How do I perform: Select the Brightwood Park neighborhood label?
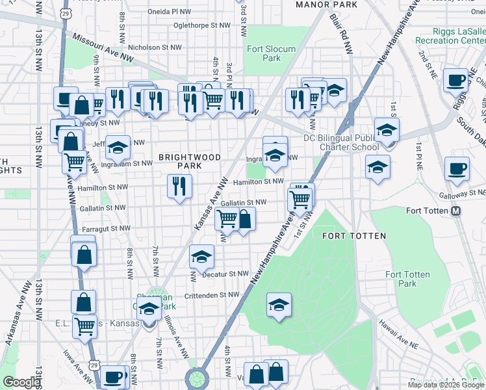click(x=190, y=161)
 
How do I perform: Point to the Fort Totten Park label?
click(x=407, y=279)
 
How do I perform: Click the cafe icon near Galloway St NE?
click(x=456, y=170)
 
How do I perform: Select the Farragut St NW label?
click(x=106, y=229)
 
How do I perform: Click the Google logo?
click(x=21, y=382)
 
